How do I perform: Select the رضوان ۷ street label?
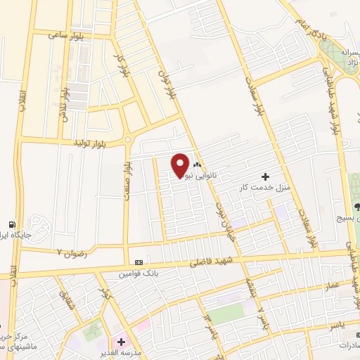pyautogui.click(x=71, y=250)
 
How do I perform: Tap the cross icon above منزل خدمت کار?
pyautogui.click(x=265, y=176)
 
